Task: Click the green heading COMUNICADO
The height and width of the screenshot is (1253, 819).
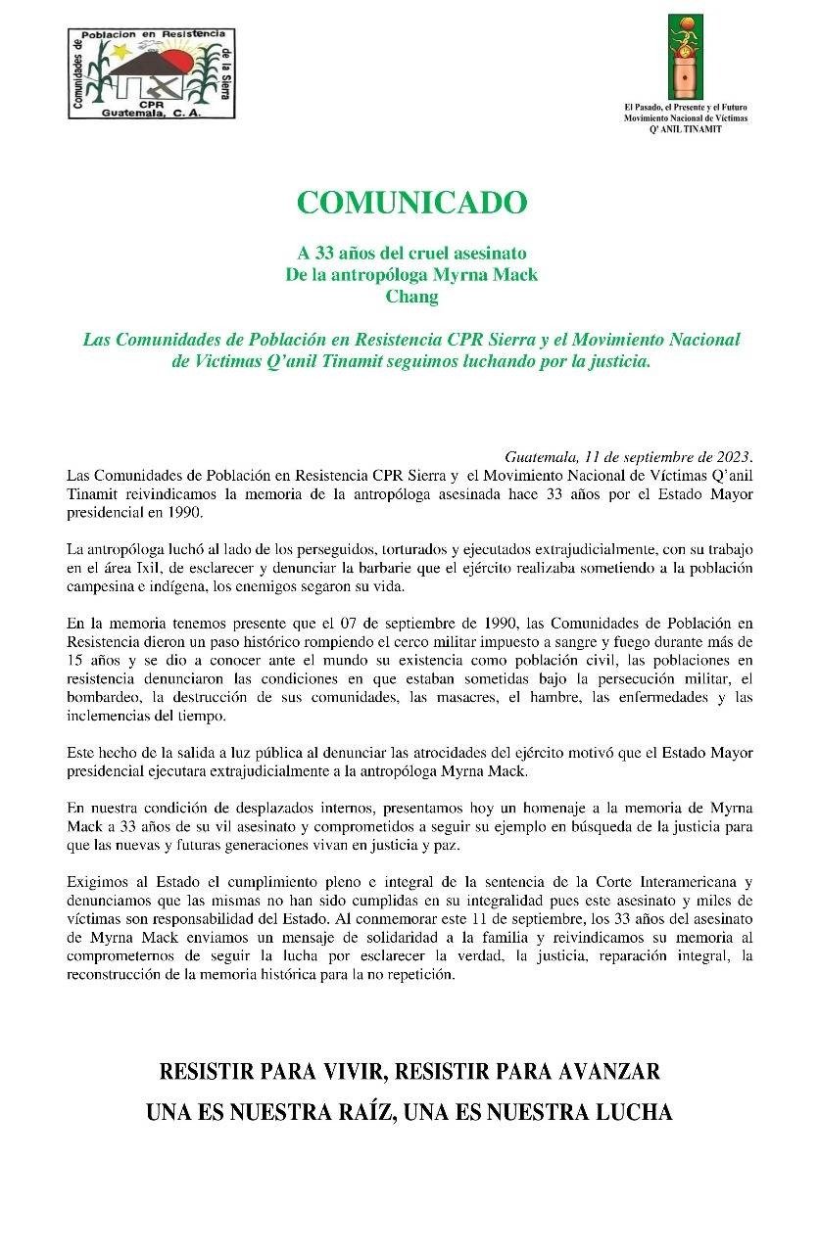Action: [411, 203]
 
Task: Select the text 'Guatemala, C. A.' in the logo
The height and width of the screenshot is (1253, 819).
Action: [151, 113]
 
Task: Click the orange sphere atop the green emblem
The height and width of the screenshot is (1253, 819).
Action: [685, 23]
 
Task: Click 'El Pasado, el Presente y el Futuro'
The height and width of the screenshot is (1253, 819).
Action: [685, 107]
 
